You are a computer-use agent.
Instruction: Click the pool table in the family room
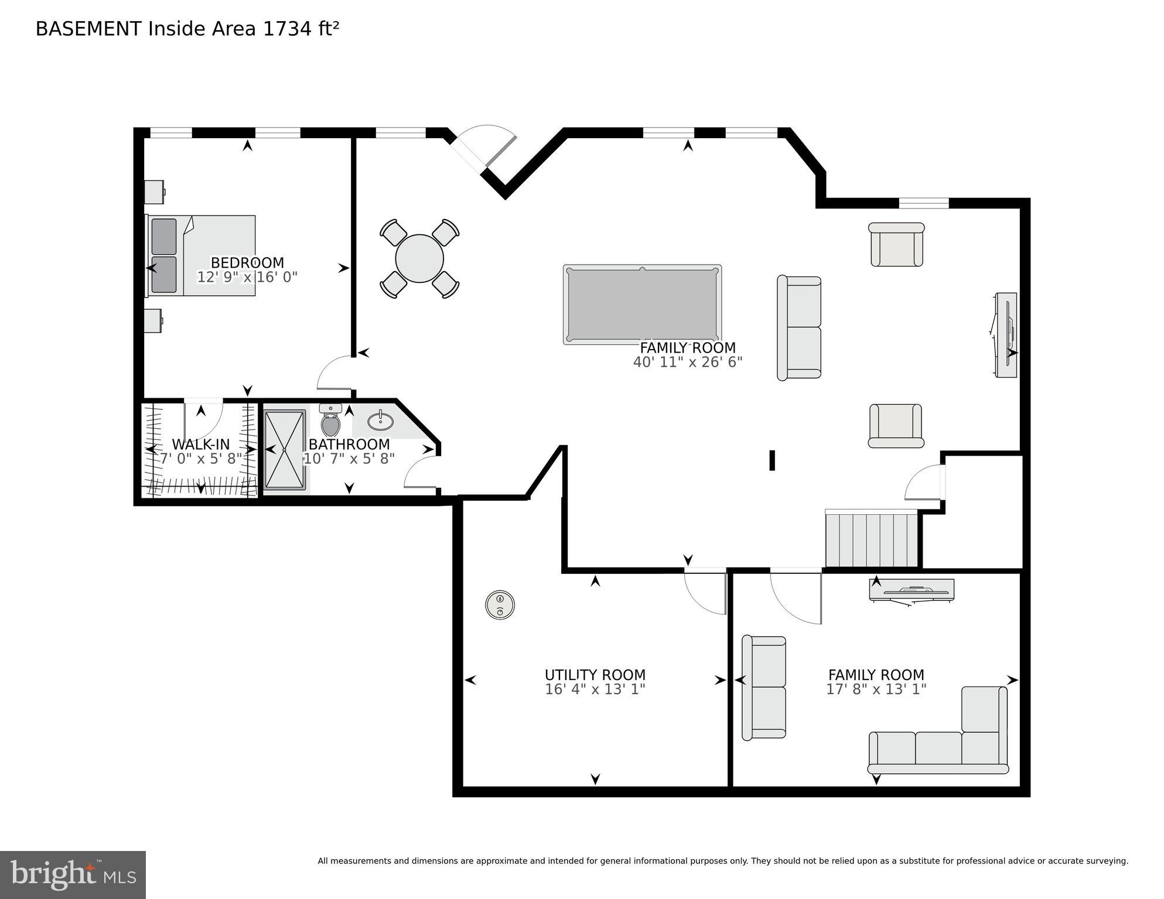click(x=642, y=305)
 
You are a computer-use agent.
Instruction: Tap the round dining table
click(x=419, y=258)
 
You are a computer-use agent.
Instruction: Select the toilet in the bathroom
click(x=331, y=423)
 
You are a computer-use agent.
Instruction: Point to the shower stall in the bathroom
click(x=285, y=450)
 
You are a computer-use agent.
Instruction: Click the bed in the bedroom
click(x=202, y=255)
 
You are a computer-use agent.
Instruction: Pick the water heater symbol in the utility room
click(x=500, y=604)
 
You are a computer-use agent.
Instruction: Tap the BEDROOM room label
click(x=247, y=263)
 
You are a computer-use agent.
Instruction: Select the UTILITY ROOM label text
click(x=595, y=675)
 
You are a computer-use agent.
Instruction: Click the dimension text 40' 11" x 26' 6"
click(x=688, y=363)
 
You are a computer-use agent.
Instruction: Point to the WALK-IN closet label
click(x=201, y=445)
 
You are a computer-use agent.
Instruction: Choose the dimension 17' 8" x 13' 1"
click(x=876, y=690)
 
